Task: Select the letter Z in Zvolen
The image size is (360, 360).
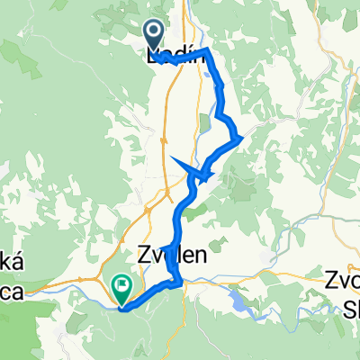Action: (144, 256)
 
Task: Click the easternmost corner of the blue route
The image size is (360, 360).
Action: (242, 138)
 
